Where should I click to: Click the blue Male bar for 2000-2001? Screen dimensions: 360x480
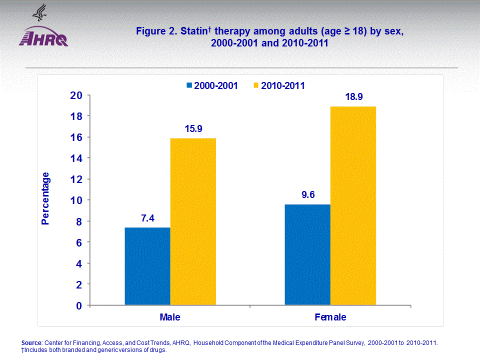[147, 266]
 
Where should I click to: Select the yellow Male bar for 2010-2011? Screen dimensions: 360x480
[193, 221]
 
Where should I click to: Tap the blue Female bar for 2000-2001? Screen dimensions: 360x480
[307, 254]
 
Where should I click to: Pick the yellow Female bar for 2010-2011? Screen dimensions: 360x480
[353, 205]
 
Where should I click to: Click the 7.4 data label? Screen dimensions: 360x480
[147, 218]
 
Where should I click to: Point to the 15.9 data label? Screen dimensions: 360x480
[193, 129]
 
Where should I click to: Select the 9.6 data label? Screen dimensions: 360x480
[308, 195]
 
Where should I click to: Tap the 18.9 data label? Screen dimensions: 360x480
[353, 97]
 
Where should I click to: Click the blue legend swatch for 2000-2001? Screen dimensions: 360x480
[189, 85]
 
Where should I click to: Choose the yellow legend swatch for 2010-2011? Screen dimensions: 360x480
[256, 85]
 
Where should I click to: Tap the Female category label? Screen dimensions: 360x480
[330, 317]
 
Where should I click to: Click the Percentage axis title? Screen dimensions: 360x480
[45, 198]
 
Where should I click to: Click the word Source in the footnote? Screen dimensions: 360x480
[32, 342]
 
